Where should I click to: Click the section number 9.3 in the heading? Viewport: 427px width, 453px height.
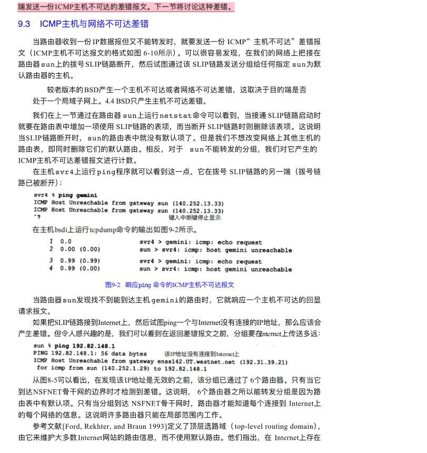click(24, 24)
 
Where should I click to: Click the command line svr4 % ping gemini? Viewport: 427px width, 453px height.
click(65, 195)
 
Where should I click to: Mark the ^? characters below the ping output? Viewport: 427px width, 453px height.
click(37, 217)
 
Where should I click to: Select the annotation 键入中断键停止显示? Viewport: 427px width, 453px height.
click(195, 217)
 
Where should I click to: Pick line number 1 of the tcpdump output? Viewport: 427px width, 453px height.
click(51, 241)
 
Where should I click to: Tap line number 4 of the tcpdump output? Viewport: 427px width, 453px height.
click(51, 269)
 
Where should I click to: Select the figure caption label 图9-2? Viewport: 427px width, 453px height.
click(113, 284)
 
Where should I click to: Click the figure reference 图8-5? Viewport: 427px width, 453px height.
click(53, 379)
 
